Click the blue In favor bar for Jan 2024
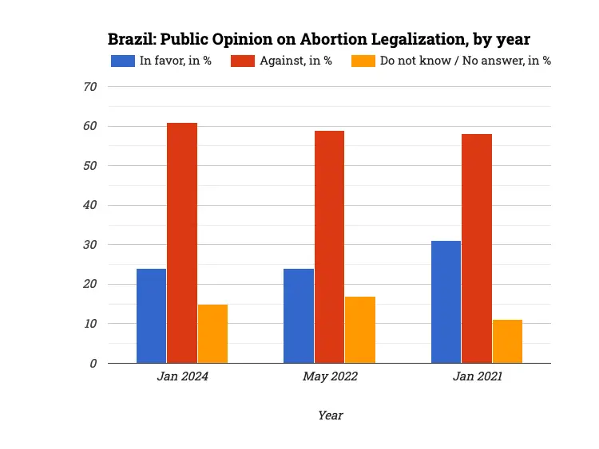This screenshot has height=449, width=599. tap(151, 316)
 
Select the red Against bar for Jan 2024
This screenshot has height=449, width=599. tap(182, 243)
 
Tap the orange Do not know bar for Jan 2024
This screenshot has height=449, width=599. tap(212, 333)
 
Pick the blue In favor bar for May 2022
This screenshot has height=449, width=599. tap(299, 316)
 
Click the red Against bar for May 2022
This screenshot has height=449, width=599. tap(329, 247)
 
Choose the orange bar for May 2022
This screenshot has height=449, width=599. tap(360, 329)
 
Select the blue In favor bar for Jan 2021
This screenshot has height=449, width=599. tap(446, 301)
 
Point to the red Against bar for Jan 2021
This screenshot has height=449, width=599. tap(477, 249)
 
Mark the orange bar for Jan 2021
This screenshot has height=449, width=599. tap(507, 341)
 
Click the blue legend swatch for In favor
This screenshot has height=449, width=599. tap(123, 61)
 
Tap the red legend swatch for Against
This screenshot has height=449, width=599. tap(244, 61)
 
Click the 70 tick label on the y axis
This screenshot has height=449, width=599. tap(89, 87)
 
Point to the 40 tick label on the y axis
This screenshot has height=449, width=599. tap(89, 205)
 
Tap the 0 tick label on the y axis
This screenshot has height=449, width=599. tap(93, 363)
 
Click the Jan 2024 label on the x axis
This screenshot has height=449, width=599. tap(182, 376)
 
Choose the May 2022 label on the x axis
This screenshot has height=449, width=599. tap(330, 376)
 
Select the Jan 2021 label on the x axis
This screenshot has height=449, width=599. tap(477, 376)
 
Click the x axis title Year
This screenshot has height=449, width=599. tap(330, 415)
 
